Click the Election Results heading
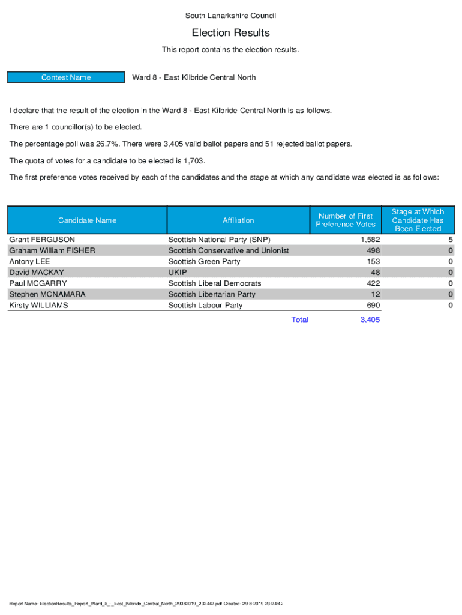point(230,32)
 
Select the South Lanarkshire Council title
point(230,16)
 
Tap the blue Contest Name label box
point(66,77)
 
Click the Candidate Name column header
point(87,220)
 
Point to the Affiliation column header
point(238,220)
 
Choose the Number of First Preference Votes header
point(346,220)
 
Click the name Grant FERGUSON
point(42,240)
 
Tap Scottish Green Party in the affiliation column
point(204,262)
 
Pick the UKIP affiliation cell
point(178,273)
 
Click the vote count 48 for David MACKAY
point(375,273)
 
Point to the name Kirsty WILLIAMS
point(38,306)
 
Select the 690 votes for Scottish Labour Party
point(373,306)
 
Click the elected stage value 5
point(450,240)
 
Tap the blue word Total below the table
point(299,320)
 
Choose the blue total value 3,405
point(370,320)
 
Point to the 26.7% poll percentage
point(107,144)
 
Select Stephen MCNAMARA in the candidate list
point(47,295)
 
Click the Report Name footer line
point(146,604)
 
